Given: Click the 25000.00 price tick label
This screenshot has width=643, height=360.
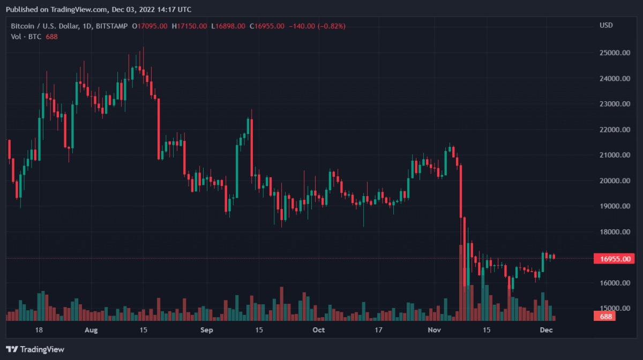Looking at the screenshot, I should click(x=614, y=53).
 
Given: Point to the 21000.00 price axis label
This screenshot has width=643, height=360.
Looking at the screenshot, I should click(x=614, y=155).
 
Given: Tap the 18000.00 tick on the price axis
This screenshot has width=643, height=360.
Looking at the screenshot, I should click(x=614, y=232).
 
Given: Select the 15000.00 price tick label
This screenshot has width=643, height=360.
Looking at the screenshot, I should click(x=614, y=309).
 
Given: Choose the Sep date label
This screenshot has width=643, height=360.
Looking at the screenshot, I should click(x=207, y=330).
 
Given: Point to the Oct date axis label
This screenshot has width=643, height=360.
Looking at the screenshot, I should click(x=319, y=330).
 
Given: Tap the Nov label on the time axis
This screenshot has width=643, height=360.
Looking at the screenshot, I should click(x=435, y=330).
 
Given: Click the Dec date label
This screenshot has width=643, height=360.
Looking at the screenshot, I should click(x=546, y=330).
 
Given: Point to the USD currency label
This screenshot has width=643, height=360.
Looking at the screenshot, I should click(x=606, y=26).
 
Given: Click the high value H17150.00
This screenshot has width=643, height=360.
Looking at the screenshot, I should click(x=190, y=26).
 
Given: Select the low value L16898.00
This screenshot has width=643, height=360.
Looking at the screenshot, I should click(x=228, y=26).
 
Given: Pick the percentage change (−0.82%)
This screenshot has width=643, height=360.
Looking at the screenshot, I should click(x=331, y=26).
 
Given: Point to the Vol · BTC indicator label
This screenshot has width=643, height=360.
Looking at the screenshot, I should click(x=26, y=36).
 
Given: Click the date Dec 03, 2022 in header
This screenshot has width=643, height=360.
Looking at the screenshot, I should click(x=136, y=10).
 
